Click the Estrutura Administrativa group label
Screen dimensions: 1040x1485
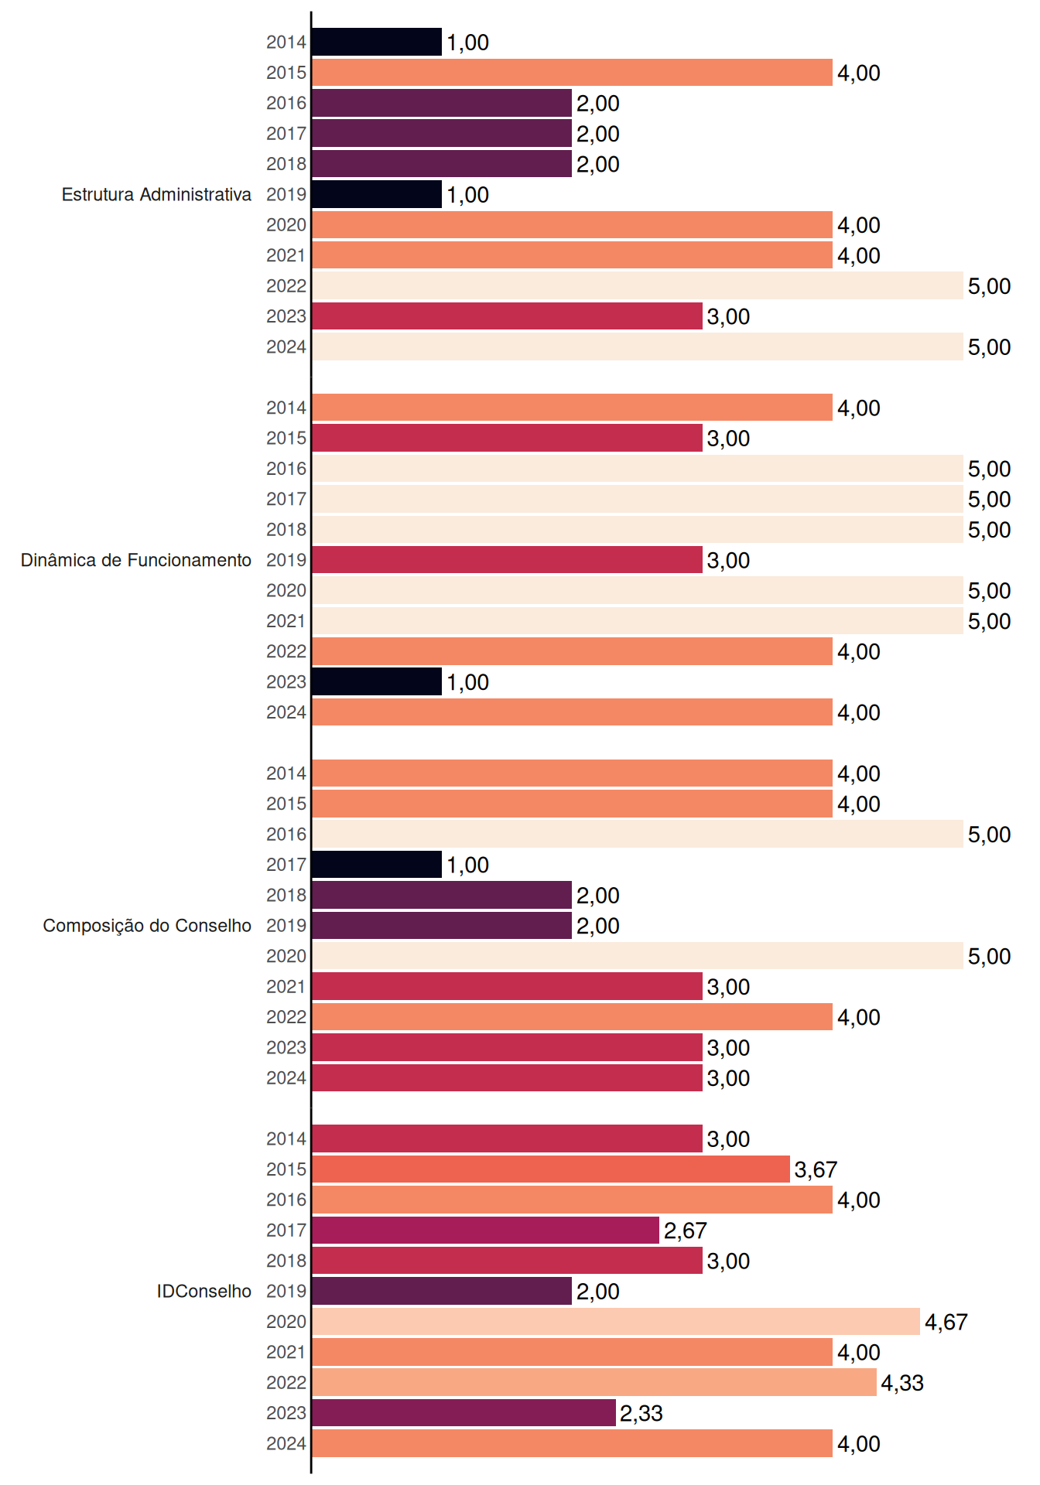[156, 194]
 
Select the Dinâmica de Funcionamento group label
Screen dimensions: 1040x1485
[136, 560]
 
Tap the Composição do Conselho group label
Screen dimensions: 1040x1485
[147, 926]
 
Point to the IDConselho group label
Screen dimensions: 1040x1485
[204, 1291]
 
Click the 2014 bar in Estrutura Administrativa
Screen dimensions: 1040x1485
[377, 42]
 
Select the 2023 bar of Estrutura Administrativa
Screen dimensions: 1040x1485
[507, 316]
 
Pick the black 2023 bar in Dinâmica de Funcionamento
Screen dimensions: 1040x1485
[377, 681]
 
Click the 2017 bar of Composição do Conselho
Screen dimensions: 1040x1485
[377, 865]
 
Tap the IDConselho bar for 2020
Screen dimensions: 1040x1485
[616, 1322]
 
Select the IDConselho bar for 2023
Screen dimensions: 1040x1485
[464, 1413]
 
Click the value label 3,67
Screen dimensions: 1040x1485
[816, 1169]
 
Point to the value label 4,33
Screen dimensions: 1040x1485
[902, 1383]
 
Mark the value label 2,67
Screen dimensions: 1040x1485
[686, 1231]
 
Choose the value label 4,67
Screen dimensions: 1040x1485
[946, 1322]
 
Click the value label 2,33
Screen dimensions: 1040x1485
[641, 1413]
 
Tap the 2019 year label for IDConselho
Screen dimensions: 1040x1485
[286, 1291]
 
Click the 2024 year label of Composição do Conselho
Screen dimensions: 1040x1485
[286, 1078]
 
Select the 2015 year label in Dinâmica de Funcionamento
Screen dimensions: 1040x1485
[286, 438]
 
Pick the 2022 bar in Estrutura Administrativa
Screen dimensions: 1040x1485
[638, 285]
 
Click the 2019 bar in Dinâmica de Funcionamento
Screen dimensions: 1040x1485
[507, 560]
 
